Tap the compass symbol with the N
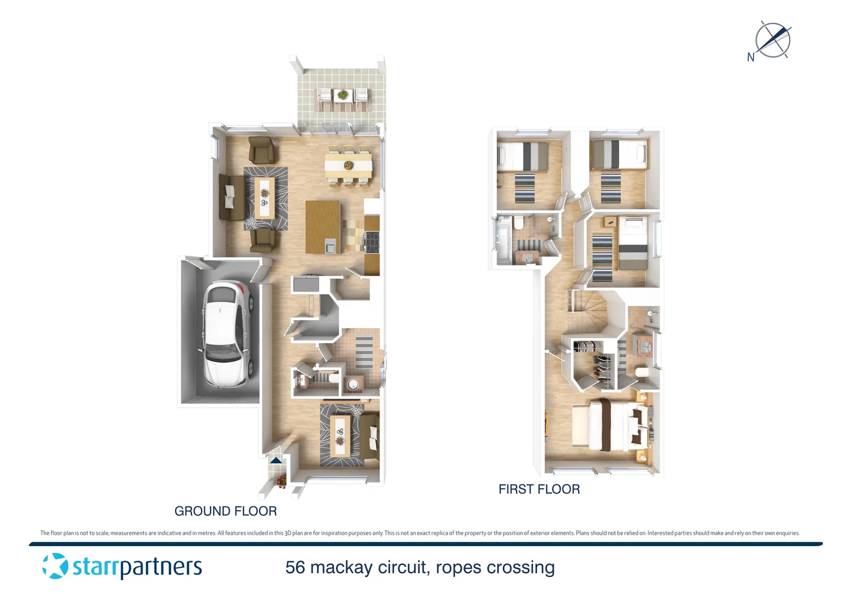click(x=772, y=40)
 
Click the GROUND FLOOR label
click(x=225, y=511)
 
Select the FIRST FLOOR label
click(x=539, y=489)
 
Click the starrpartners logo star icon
click(x=55, y=566)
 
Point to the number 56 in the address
click(x=295, y=567)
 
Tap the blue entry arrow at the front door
click(x=276, y=460)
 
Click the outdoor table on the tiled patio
click(x=342, y=96)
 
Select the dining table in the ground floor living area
click(x=348, y=164)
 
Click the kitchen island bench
click(x=323, y=226)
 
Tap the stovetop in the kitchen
click(x=372, y=241)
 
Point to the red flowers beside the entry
click(x=282, y=481)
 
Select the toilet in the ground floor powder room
click(x=334, y=379)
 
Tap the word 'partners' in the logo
click(x=161, y=567)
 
